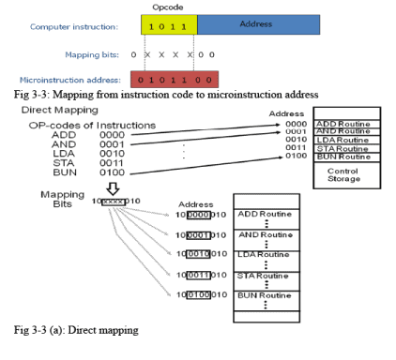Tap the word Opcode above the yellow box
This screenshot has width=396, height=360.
coord(167,6)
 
